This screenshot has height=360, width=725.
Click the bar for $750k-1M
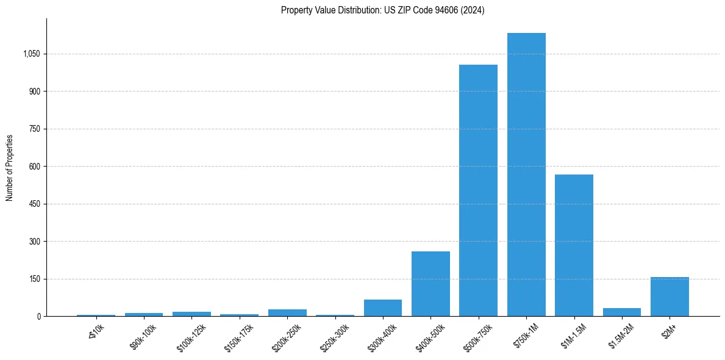[x=526, y=175]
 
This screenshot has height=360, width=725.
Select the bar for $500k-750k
[x=478, y=190]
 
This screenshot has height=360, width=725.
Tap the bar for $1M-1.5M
[x=574, y=245]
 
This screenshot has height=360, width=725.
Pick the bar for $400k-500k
[x=430, y=284]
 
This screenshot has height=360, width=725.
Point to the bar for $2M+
[x=670, y=297]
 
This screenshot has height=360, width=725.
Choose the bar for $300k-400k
[x=383, y=308]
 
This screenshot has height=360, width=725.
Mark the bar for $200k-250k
[x=287, y=313]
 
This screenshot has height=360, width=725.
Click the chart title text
[x=382, y=10]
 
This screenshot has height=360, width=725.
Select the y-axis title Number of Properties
[x=10, y=168]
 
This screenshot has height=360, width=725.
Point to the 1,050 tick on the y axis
[x=31, y=54]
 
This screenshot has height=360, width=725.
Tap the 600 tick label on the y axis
[x=34, y=167]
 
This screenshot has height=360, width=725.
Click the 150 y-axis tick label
[x=34, y=279]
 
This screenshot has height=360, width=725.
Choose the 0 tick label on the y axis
[x=38, y=317]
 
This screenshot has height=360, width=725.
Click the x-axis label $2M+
[x=670, y=331]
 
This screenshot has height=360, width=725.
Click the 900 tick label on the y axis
[x=34, y=92]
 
